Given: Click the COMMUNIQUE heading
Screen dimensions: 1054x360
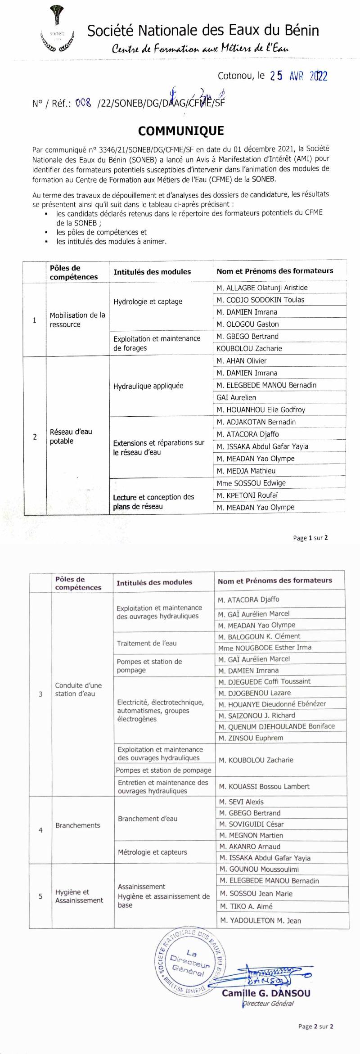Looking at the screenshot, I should pos(181,131).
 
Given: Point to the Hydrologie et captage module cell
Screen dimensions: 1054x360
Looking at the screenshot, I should pos(148,302).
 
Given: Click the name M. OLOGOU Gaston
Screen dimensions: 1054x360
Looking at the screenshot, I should pos(247,324).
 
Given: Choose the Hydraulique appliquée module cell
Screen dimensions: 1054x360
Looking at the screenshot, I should pos(148,386).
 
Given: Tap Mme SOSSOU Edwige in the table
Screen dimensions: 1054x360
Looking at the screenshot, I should pos(251,483).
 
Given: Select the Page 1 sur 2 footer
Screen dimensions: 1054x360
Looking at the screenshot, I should pos(310,538).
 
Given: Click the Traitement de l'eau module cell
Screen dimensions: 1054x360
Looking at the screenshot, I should pos(147,644).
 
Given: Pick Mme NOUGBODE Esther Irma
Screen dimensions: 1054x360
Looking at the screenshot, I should pos(265,648).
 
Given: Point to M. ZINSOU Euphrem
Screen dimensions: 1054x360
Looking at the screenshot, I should pos(251,738).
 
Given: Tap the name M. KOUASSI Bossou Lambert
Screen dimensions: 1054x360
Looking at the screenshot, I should pos(264,787).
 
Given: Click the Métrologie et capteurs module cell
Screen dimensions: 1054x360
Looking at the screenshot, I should pos(152,852).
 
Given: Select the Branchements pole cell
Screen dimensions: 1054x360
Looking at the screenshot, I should pos(78,825).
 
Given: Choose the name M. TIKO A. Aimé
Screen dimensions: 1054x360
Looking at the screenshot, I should pos(246,906).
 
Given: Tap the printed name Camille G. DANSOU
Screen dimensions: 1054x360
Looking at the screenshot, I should pos(266,993).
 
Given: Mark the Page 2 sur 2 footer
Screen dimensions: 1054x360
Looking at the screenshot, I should pos(316,1027).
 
